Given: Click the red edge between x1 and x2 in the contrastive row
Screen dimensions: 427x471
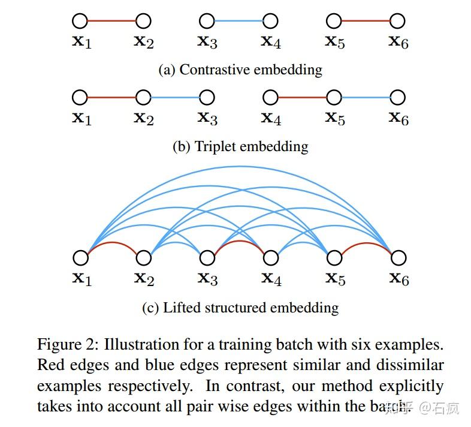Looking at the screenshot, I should click(x=111, y=22).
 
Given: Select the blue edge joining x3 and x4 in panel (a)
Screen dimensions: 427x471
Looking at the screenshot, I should click(x=238, y=22).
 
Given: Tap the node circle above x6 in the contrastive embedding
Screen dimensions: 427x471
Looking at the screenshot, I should click(x=398, y=22).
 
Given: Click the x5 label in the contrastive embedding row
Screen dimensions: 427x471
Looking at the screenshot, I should click(x=335, y=42).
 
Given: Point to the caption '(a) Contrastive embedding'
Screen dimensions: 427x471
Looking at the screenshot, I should click(x=240, y=70).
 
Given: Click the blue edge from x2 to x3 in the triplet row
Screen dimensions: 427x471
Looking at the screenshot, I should click(x=175, y=97).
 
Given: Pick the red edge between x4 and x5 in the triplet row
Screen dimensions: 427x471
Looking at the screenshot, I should click(x=302, y=97).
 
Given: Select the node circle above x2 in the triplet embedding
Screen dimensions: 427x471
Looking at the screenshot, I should click(x=143, y=97).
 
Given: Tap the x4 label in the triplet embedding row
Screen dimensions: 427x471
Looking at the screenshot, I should click(x=271, y=118).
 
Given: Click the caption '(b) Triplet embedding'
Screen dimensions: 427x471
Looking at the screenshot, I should click(x=240, y=146).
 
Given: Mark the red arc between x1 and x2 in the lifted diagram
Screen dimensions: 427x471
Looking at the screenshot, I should click(x=111, y=244).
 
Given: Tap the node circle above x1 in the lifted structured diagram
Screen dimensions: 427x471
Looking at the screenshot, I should click(x=80, y=258).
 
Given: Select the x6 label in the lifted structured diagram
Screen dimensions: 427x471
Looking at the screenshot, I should click(x=398, y=278).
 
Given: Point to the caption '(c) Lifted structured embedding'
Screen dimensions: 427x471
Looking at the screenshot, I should click(x=240, y=308).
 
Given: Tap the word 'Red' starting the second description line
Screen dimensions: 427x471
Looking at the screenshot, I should click(x=49, y=365).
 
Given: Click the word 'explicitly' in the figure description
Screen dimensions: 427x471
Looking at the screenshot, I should click(x=413, y=386).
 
